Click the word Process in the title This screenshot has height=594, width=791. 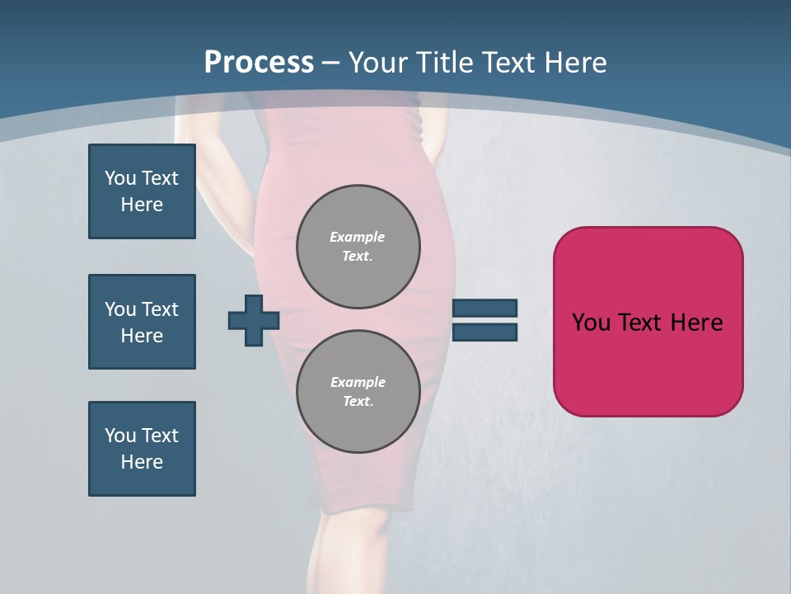click(x=259, y=63)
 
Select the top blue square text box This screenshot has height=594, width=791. click(x=142, y=191)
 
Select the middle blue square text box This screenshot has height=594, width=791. click(x=142, y=322)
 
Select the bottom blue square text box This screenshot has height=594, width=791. click(x=142, y=449)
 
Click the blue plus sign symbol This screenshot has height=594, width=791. click(x=254, y=320)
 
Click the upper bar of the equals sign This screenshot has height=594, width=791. click(x=484, y=308)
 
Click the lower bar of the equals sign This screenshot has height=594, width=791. click(x=484, y=332)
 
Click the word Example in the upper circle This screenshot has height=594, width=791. click(x=358, y=237)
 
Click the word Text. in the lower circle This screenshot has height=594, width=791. click(x=358, y=402)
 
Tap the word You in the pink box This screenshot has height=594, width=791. click(x=590, y=323)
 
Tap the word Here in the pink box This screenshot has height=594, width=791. click(x=696, y=323)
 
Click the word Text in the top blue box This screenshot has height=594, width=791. click(x=160, y=178)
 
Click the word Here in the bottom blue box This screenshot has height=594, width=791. click(x=142, y=462)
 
